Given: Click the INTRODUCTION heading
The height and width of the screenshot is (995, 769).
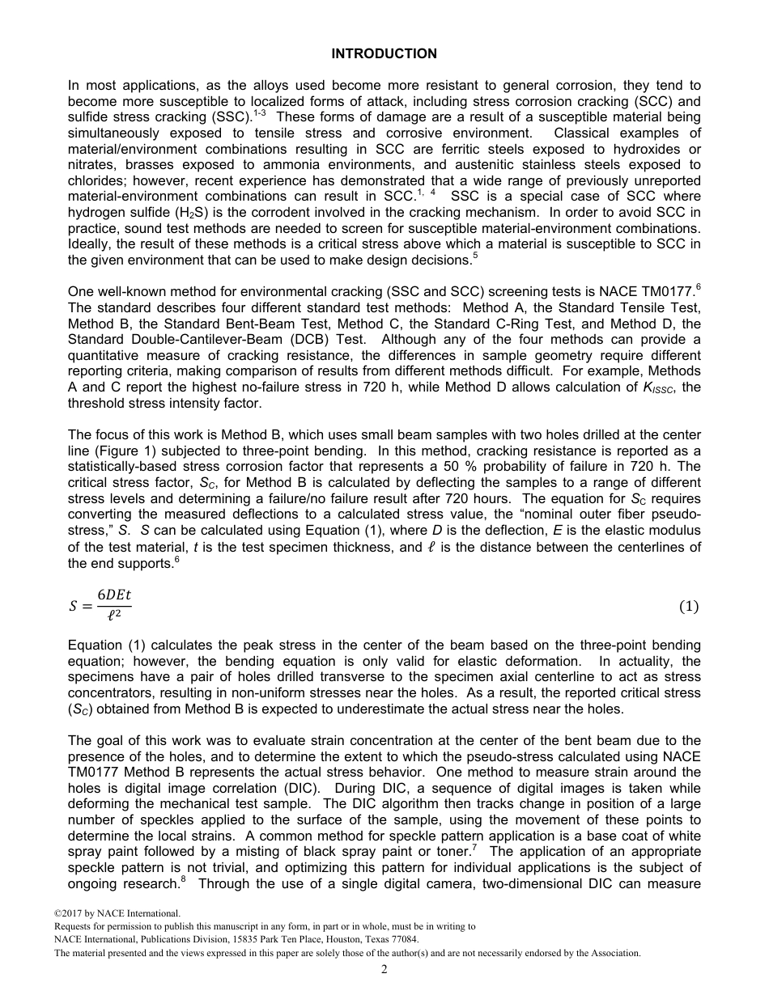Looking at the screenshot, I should coord(384,54).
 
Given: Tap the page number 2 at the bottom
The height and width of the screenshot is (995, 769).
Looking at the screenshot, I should coord(384,969).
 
